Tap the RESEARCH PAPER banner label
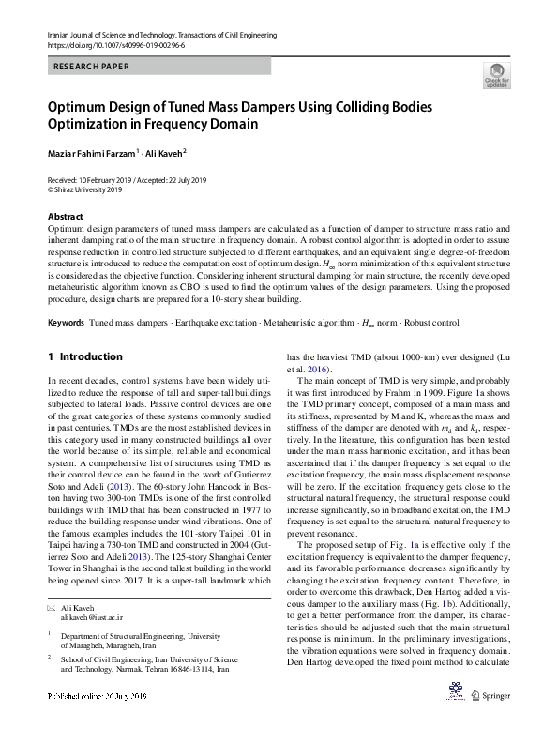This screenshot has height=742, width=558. click(93, 67)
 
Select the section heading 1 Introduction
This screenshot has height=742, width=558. click(84, 356)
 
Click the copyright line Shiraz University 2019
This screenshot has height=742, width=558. click(88, 189)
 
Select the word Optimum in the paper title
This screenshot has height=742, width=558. click(82, 107)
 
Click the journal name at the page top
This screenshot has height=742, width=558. click(161, 35)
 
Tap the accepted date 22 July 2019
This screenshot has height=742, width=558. click(198, 179)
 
